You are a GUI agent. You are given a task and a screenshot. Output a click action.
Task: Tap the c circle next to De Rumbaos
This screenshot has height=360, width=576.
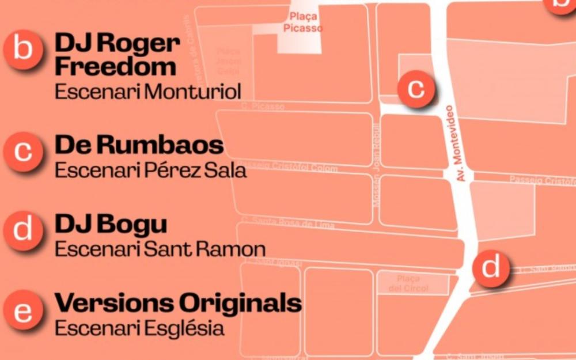click(x=23, y=151)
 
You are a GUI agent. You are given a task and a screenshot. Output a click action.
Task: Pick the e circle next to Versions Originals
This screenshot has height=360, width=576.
click(x=23, y=311)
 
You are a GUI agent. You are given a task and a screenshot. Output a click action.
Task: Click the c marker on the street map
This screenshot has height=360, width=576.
click(x=416, y=88)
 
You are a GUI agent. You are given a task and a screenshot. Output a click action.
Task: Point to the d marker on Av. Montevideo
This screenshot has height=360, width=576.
click(x=491, y=268)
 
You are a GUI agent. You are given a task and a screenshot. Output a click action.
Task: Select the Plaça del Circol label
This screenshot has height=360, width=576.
click(x=412, y=284)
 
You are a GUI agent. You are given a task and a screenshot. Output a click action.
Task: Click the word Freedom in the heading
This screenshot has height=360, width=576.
click(x=115, y=67)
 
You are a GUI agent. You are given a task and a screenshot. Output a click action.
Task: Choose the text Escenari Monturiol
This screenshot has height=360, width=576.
click(x=147, y=92)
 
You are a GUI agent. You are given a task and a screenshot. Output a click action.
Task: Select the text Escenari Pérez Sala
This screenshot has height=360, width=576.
click(x=150, y=170)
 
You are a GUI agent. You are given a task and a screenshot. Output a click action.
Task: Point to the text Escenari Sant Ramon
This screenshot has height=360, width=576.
click(x=160, y=249)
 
